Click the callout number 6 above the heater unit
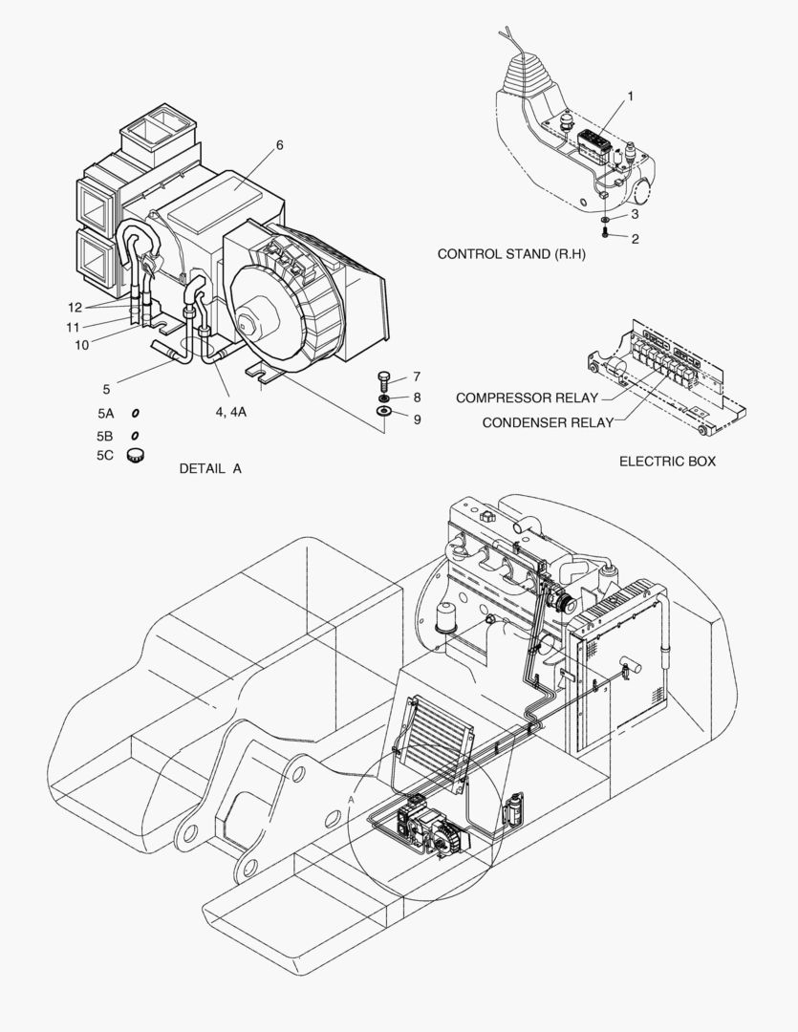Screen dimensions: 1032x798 pyautogui.click(x=280, y=145)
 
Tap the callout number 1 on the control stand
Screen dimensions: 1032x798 pyautogui.click(x=630, y=97)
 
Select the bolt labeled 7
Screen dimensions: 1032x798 pyautogui.click(x=383, y=378)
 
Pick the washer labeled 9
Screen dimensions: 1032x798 pyautogui.click(x=383, y=412)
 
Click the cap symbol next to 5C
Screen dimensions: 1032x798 pyautogui.click(x=136, y=455)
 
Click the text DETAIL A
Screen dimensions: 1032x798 pyautogui.click(x=210, y=469)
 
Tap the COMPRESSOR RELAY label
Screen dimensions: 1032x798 pyautogui.click(x=527, y=398)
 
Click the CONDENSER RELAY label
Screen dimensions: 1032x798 pyautogui.click(x=547, y=422)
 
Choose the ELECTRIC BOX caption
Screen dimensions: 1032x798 pyautogui.click(x=667, y=462)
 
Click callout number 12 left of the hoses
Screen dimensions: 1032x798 pyautogui.click(x=75, y=307)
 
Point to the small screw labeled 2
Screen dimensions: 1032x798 pyautogui.click(x=605, y=231)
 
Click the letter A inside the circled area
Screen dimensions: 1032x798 pyautogui.click(x=352, y=798)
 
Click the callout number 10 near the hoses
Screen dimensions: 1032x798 pyautogui.click(x=82, y=344)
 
